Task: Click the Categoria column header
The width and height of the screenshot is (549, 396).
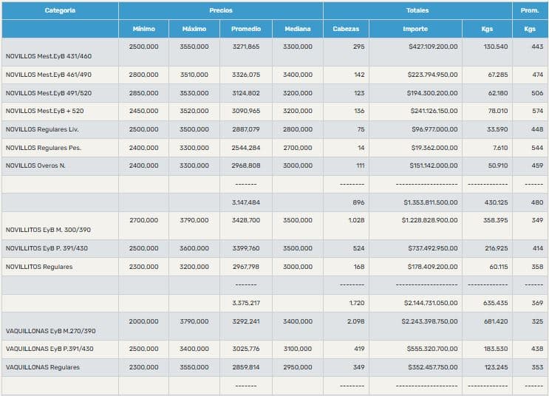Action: [x=60, y=10]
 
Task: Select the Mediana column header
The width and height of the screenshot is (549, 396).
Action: [x=297, y=29]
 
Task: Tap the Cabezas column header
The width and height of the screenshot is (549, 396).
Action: [x=346, y=29]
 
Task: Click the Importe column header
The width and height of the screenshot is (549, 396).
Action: [x=415, y=29]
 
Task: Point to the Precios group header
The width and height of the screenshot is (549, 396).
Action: [x=220, y=10]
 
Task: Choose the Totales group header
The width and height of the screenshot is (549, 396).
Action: [x=417, y=10]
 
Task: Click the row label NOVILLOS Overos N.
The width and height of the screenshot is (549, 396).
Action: [x=35, y=165]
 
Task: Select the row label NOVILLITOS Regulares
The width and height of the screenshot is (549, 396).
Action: [x=39, y=267]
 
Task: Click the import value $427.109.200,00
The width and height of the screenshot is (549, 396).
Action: [x=433, y=47]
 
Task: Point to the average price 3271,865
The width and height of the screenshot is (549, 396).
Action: [x=246, y=47]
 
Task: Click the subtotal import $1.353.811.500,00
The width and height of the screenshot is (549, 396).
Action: [x=431, y=202]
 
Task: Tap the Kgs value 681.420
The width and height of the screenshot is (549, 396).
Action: [x=495, y=322]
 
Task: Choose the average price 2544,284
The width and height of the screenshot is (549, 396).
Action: [x=246, y=148]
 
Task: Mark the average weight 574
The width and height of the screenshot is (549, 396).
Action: [x=532, y=112]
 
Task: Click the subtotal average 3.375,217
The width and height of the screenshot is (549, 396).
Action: [x=246, y=303]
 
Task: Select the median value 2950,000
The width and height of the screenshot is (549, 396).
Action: [x=297, y=366]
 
